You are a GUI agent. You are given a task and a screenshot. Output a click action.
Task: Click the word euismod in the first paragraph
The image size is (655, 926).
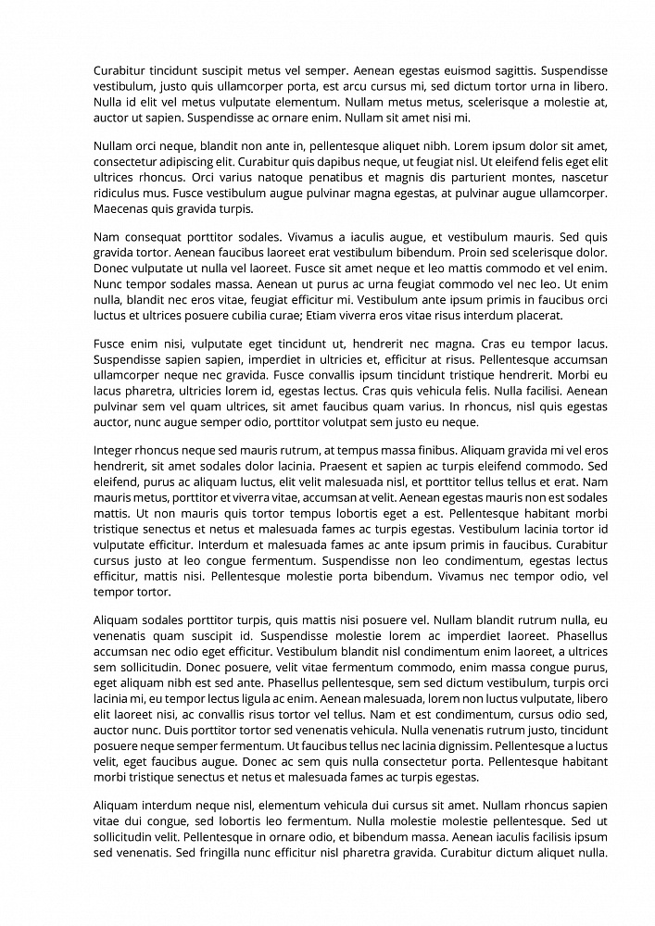click(x=465, y=69)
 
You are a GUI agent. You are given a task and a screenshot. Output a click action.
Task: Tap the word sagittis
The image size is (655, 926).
click(x=510, y=69)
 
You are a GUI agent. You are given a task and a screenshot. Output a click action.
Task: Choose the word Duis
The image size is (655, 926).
click(x=170, y=730)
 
